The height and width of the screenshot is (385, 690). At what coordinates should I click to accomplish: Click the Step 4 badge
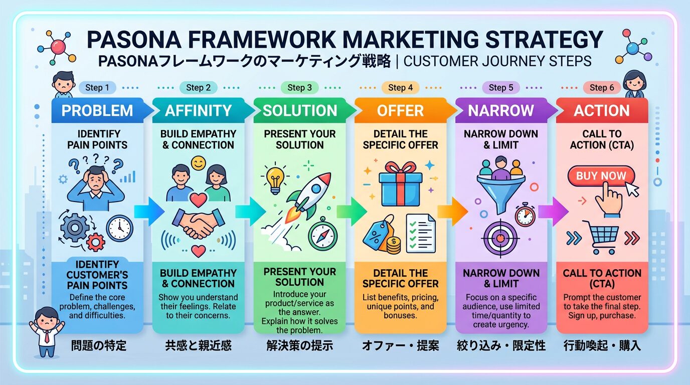(x=401, y=88)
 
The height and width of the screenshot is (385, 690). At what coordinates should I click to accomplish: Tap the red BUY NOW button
(x=601, y=176)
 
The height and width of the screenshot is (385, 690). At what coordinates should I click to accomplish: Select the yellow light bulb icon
(x=275, y=179)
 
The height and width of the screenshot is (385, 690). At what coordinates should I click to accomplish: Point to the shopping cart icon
(x=601, y=237)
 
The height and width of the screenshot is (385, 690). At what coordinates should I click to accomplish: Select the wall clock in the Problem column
(x=120, y=228)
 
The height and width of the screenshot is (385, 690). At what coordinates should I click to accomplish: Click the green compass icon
(x=323, y=235)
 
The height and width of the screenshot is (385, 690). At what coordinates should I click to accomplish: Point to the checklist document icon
(x=421, y=233)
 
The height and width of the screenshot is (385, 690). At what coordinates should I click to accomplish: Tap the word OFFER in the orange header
(x=401, y=111)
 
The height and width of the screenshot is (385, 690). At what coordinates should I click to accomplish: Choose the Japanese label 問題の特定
(x=99, y=345)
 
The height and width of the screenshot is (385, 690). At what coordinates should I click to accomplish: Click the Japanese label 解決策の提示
(x=300, y=345)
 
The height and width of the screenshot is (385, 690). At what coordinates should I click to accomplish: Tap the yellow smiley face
(x=199, y=163)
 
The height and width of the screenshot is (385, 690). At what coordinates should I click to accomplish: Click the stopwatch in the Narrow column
(x=525, y=214)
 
